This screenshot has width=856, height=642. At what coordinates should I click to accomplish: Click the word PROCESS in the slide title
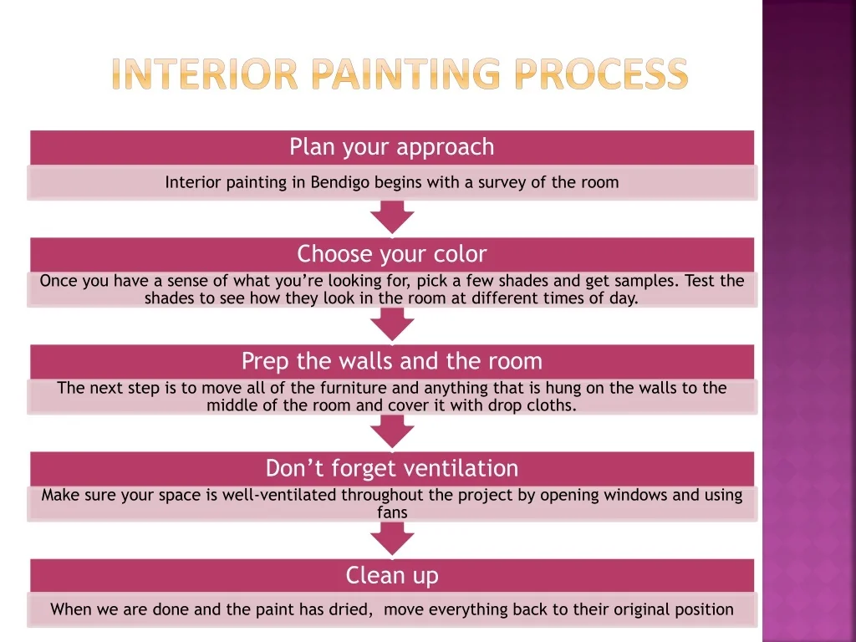point(601,74)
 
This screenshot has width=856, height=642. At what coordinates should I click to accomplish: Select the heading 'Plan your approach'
point(392,147)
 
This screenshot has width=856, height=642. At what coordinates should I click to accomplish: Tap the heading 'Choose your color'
point(392,253)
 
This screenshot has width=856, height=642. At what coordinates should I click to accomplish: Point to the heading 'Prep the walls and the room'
point(392,361)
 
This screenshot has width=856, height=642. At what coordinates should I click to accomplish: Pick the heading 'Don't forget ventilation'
point(392,468)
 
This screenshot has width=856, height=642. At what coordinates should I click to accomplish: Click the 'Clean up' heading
point(392,575)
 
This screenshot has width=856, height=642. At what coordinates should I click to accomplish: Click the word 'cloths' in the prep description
point(554,406)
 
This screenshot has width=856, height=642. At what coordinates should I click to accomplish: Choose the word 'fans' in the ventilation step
point(392,512)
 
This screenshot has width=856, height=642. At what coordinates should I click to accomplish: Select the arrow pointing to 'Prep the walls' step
point(392,324)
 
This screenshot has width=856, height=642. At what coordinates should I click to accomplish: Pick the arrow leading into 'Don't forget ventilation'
point(392,431)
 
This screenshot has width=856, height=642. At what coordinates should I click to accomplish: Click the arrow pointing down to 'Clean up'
point(392,539)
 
